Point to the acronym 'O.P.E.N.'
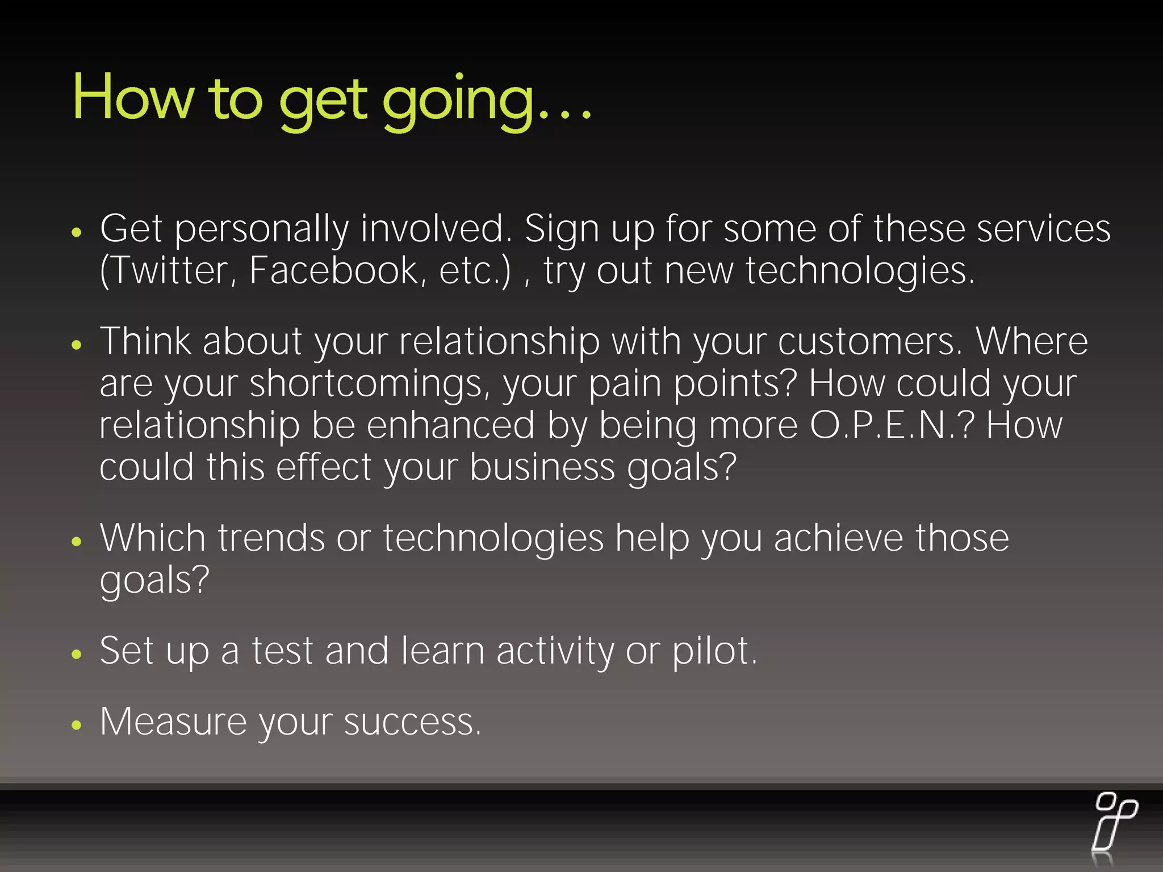point(886,426)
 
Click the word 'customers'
point(869,342)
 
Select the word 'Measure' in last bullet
point(173,722)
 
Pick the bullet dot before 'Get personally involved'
point(77,232)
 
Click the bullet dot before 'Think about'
point(77,344)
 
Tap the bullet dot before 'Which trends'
point(77,541)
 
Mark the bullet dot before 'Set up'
point(77,654)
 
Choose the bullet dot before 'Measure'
point(77,725)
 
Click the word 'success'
point(411,723)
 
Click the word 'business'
point(542,468)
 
